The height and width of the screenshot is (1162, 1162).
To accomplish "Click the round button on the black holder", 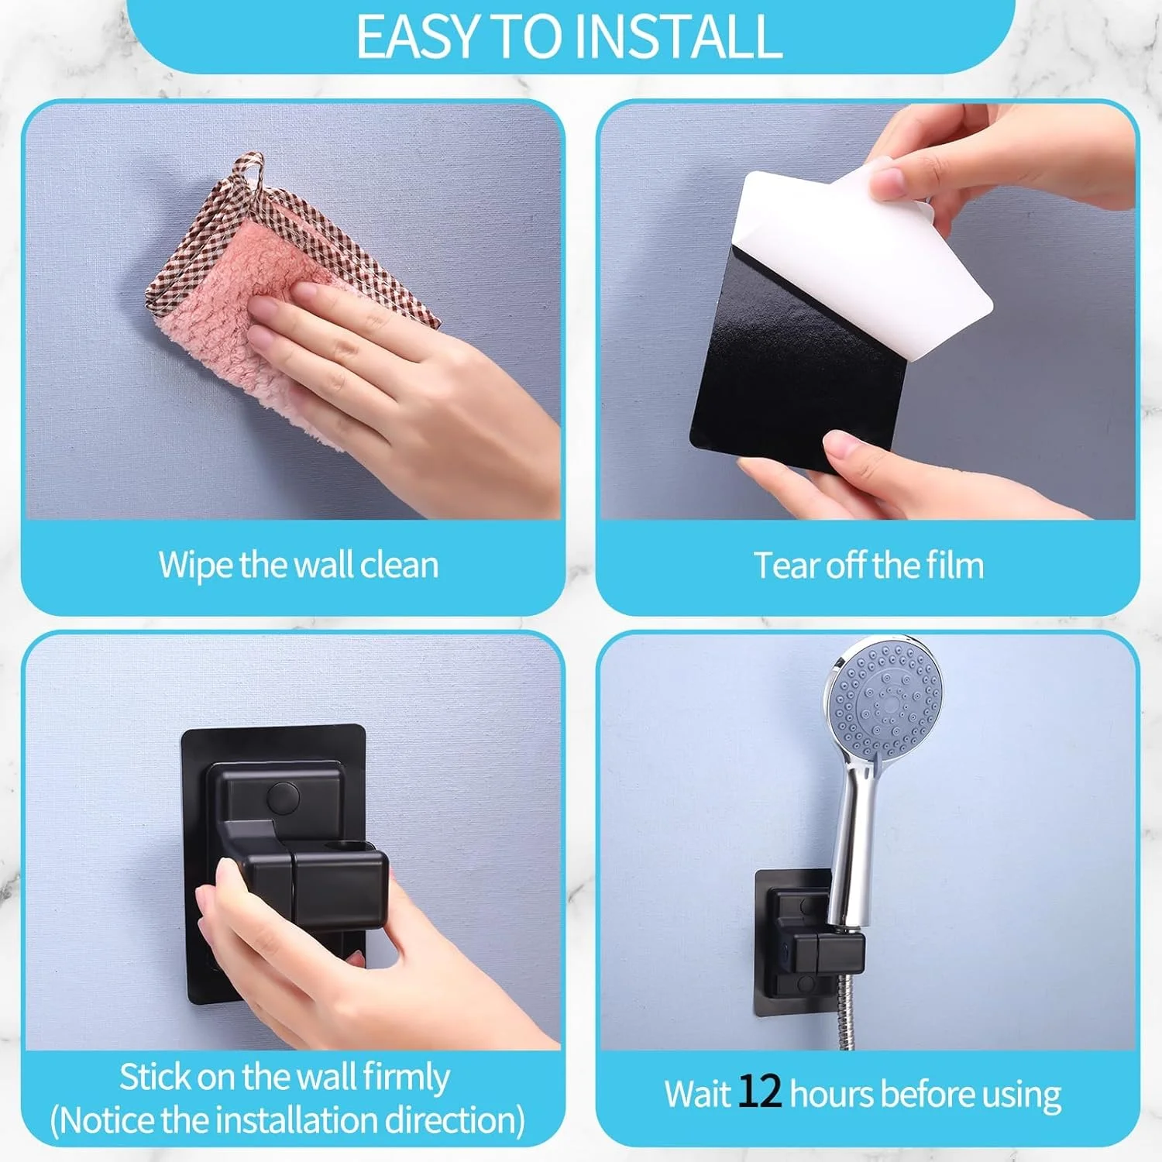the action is (x=282, y=796).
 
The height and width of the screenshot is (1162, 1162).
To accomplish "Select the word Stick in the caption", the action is (x=154, y=1077).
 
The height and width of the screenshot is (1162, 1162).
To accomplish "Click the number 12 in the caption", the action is (x=759, y=1092).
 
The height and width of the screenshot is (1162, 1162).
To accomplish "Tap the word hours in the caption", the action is (x=832, y=1094).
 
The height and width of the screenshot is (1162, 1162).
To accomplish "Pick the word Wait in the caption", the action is (x=697, y=1094).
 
